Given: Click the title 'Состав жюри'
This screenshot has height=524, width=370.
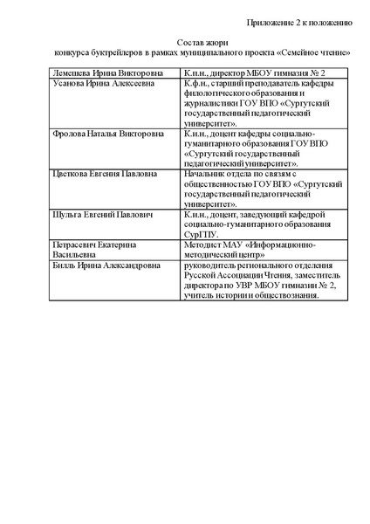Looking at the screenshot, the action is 201,40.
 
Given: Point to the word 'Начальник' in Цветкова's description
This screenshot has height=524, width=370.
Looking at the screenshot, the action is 206,175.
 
